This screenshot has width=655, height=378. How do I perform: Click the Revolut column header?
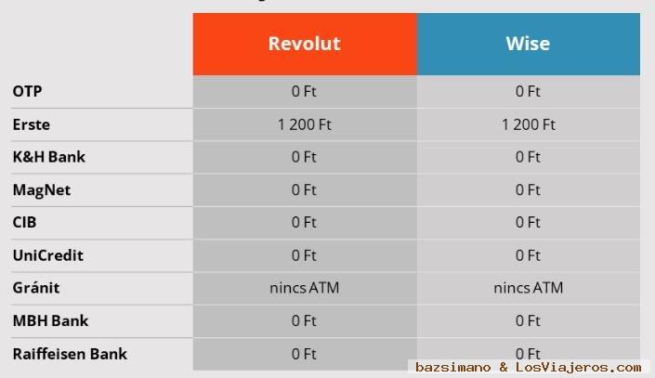(304, 44)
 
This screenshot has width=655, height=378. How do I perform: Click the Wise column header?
(528, 44)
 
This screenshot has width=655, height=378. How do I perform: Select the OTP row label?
(27, 91)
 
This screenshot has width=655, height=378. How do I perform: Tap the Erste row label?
(32, 124)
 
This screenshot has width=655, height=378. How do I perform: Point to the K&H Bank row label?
(49, 157)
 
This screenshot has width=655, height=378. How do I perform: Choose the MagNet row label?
(42, 190)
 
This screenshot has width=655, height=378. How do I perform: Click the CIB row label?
(24, 222)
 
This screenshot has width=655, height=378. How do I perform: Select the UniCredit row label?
(48, 255)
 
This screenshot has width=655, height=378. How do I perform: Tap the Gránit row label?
(36, 287)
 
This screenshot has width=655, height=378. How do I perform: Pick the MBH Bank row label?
(50, 320)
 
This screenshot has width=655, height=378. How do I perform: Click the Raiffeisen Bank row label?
(70, 354)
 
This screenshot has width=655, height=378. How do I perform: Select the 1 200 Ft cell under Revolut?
(305, 124)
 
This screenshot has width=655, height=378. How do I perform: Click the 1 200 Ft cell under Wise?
(529, 124)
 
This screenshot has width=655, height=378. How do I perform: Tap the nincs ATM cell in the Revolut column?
(305, 288)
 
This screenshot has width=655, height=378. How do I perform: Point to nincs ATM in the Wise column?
(529, 288)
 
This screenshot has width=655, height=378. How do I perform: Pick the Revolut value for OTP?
(304, 91)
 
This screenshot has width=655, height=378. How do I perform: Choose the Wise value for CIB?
(528, 222)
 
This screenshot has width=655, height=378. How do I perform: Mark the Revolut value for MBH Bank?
(304, 320)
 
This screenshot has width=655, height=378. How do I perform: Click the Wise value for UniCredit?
(528, 255)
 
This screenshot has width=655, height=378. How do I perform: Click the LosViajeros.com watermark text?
(578, 367)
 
